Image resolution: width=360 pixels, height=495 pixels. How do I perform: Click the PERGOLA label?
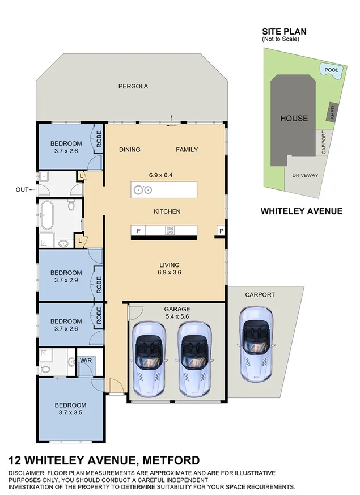coord(133,86)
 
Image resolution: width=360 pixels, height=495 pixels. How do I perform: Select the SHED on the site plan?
coord(333,112)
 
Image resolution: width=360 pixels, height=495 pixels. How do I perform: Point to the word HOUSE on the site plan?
coord(294,119)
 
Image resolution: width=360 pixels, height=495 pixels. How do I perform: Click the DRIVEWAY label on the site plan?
coord(305,175)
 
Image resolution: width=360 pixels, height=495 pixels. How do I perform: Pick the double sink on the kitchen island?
coord(142,190)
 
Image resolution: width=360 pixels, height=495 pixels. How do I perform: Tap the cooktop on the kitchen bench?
coord(170,230)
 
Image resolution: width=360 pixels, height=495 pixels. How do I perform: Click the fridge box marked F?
coord(138,230)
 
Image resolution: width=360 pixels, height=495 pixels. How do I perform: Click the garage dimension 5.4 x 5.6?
coord(177,317)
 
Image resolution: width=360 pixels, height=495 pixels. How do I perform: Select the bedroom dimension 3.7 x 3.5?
coord(70,413)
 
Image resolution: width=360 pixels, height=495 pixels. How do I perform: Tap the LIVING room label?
coord(169,265)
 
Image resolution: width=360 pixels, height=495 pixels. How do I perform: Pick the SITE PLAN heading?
coord(281,32)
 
